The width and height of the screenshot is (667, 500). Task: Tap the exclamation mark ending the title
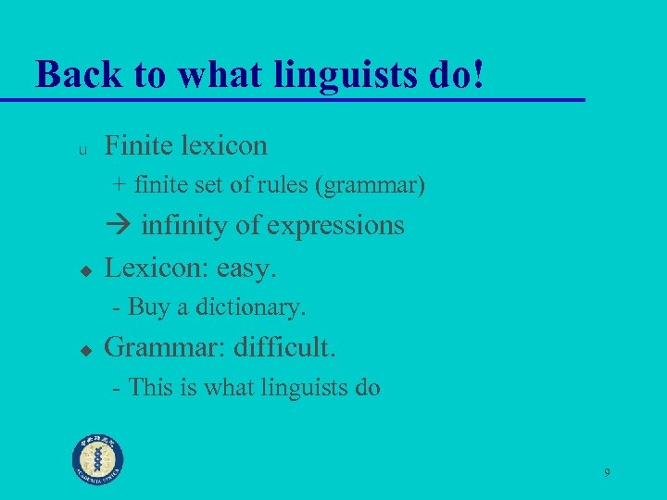[x=478, y=73]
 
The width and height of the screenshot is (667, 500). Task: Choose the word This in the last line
[x=149, y=387]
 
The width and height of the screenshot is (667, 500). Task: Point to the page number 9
[x=607, y=473]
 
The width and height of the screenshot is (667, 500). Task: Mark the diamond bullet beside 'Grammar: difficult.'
[x=83, y=351]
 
